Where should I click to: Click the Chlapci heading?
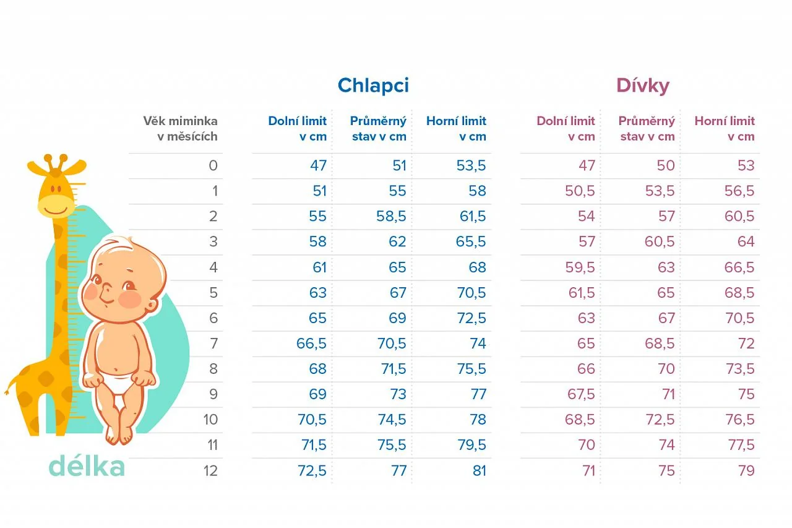point(373,85)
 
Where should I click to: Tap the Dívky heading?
point(643,85)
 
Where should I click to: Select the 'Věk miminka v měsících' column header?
point(180,128)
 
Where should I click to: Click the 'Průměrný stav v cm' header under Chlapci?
point(378,128)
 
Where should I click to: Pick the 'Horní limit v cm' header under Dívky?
point(725,128)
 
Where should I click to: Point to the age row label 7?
point(214,344)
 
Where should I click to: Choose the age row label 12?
point(211,470)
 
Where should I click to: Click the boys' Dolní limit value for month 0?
point(318,165)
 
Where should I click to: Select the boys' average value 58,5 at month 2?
point(391,216)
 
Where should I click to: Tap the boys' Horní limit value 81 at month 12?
point(480,470)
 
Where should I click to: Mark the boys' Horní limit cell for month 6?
point(471,318)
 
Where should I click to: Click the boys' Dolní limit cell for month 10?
point(312,420)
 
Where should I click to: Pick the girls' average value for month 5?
point(666,292)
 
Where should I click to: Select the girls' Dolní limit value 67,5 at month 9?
point(581,394)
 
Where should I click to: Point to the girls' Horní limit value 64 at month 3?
point(746,241)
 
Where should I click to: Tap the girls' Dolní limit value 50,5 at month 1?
point(580,191)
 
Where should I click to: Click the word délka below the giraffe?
point(87,466)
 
